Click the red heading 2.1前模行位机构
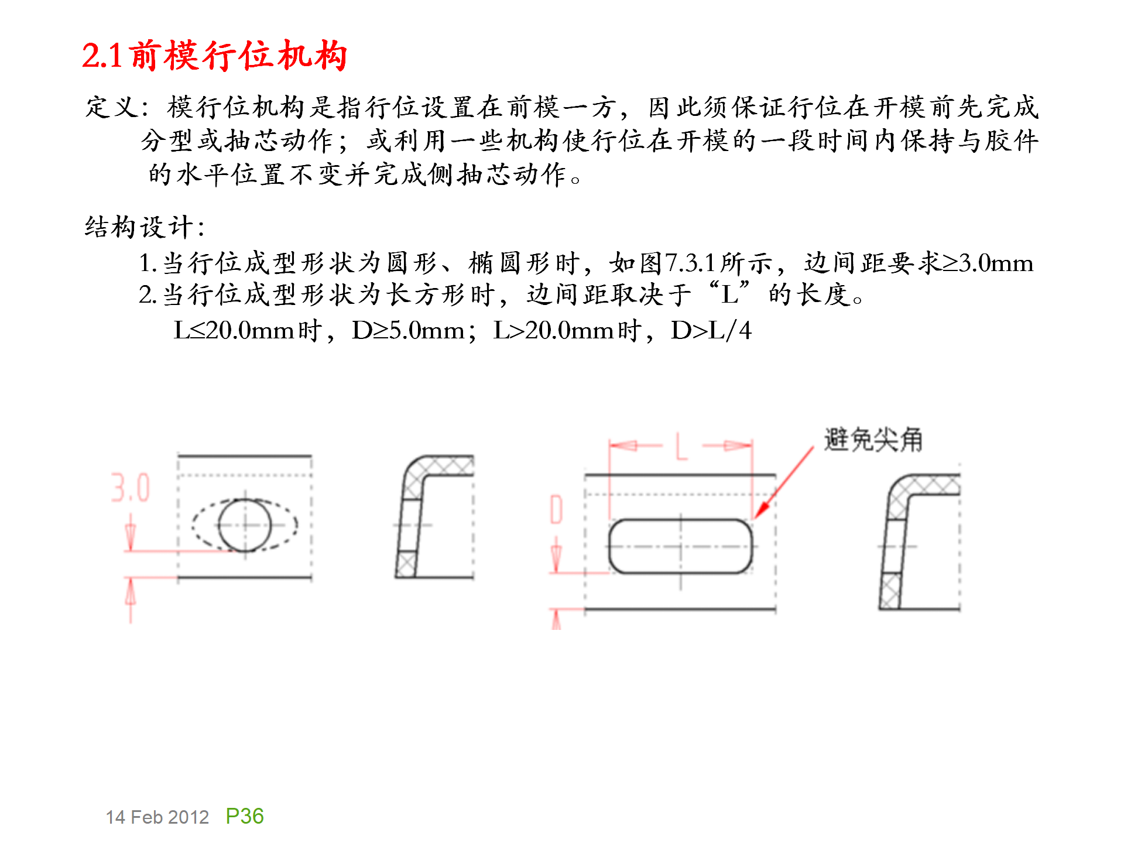pyautogui.click(x=214, y=56)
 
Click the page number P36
pyautogui.click(x=244, y=816)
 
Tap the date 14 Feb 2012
pyautogui.click(x=157, y=817)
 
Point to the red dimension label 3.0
pyautogui.click(x=131, y=488)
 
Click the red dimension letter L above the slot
pyautogui.click(x=681, y=447)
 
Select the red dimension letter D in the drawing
pyautogui.click(x=556, y=509)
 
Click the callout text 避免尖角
pyautogui.click(x=873, y=440)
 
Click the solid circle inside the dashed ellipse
pyautogui.click(x=245, y=525)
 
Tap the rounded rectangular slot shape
pyautogui.click(x=680, y=546)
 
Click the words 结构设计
pyautogui.click(x=139, y=227)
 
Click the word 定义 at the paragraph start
pyautogui.click(x=112, y=107)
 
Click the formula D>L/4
pyautogui.click(x=711, y=331)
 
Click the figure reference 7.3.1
pyautogui.click(x=691, y=263)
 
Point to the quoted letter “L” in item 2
pyautogui.click(x=729, y=294)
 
